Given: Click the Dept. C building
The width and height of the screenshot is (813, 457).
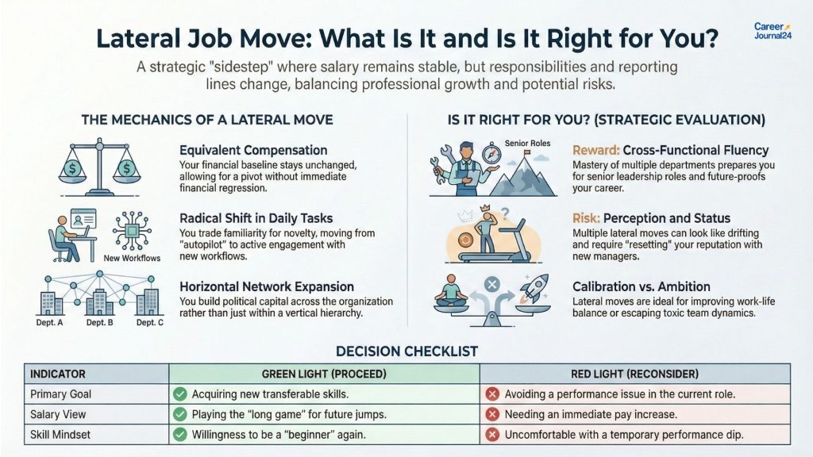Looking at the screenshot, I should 149,302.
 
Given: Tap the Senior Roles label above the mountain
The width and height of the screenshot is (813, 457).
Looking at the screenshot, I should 500,142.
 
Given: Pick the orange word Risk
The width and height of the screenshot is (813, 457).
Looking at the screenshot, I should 585,217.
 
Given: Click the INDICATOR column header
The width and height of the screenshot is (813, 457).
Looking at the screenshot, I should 57,374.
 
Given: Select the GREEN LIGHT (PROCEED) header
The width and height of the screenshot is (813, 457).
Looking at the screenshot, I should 323,374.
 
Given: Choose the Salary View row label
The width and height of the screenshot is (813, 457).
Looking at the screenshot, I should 58,414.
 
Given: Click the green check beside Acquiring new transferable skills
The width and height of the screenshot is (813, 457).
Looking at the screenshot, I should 179,394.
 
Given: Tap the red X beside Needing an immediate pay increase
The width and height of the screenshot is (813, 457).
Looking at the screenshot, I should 491,414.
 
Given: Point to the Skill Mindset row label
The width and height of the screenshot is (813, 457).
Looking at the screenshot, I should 58,435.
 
